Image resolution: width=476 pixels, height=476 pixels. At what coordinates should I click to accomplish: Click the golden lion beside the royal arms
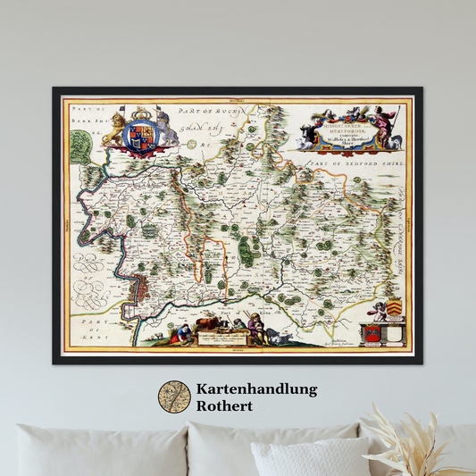114,129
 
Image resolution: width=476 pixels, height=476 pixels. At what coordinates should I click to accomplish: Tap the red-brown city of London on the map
143,290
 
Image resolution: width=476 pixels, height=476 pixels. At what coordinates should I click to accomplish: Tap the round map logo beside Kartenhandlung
174,397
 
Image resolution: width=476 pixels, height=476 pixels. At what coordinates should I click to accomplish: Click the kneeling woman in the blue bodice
183,332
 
